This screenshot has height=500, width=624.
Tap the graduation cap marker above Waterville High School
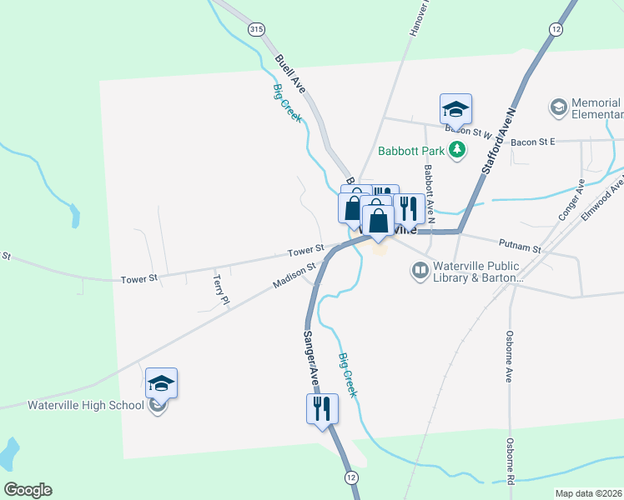point(161,383)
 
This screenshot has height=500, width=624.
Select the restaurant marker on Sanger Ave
point(322,409)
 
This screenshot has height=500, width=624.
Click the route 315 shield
point(256,29)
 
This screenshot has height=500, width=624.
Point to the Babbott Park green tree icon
point(456,150)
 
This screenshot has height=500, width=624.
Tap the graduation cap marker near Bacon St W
point(455,109)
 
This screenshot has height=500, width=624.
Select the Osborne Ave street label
point(508,357)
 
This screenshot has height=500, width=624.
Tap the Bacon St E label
point(533,142)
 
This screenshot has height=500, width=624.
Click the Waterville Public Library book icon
point(420,270)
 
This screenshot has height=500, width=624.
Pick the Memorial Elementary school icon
point(557,107)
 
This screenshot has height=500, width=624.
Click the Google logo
point(28,490)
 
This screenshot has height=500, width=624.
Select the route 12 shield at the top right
point(555,29)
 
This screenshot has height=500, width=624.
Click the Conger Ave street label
point(571,199)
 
